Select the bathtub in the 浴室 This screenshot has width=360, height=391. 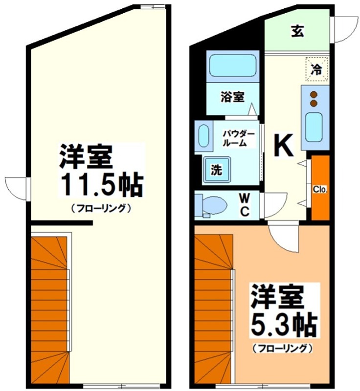tap(232, 65)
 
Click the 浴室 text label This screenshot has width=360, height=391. tap(232, 97)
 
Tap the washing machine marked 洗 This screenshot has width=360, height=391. tap(216, 170)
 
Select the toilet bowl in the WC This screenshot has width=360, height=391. tap(210, 204)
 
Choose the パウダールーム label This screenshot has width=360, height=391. tap(238, 138)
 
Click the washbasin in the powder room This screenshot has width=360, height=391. tap(204, 136)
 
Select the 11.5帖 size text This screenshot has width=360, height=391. tap(102, 185)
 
